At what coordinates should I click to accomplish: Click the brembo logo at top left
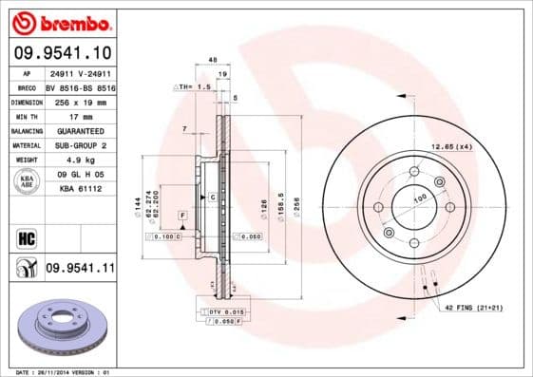[60, 21]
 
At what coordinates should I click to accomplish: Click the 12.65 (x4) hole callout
[451, 146]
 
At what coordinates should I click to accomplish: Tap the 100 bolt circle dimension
[419, 199]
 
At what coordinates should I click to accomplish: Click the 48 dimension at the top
[213, 60]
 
